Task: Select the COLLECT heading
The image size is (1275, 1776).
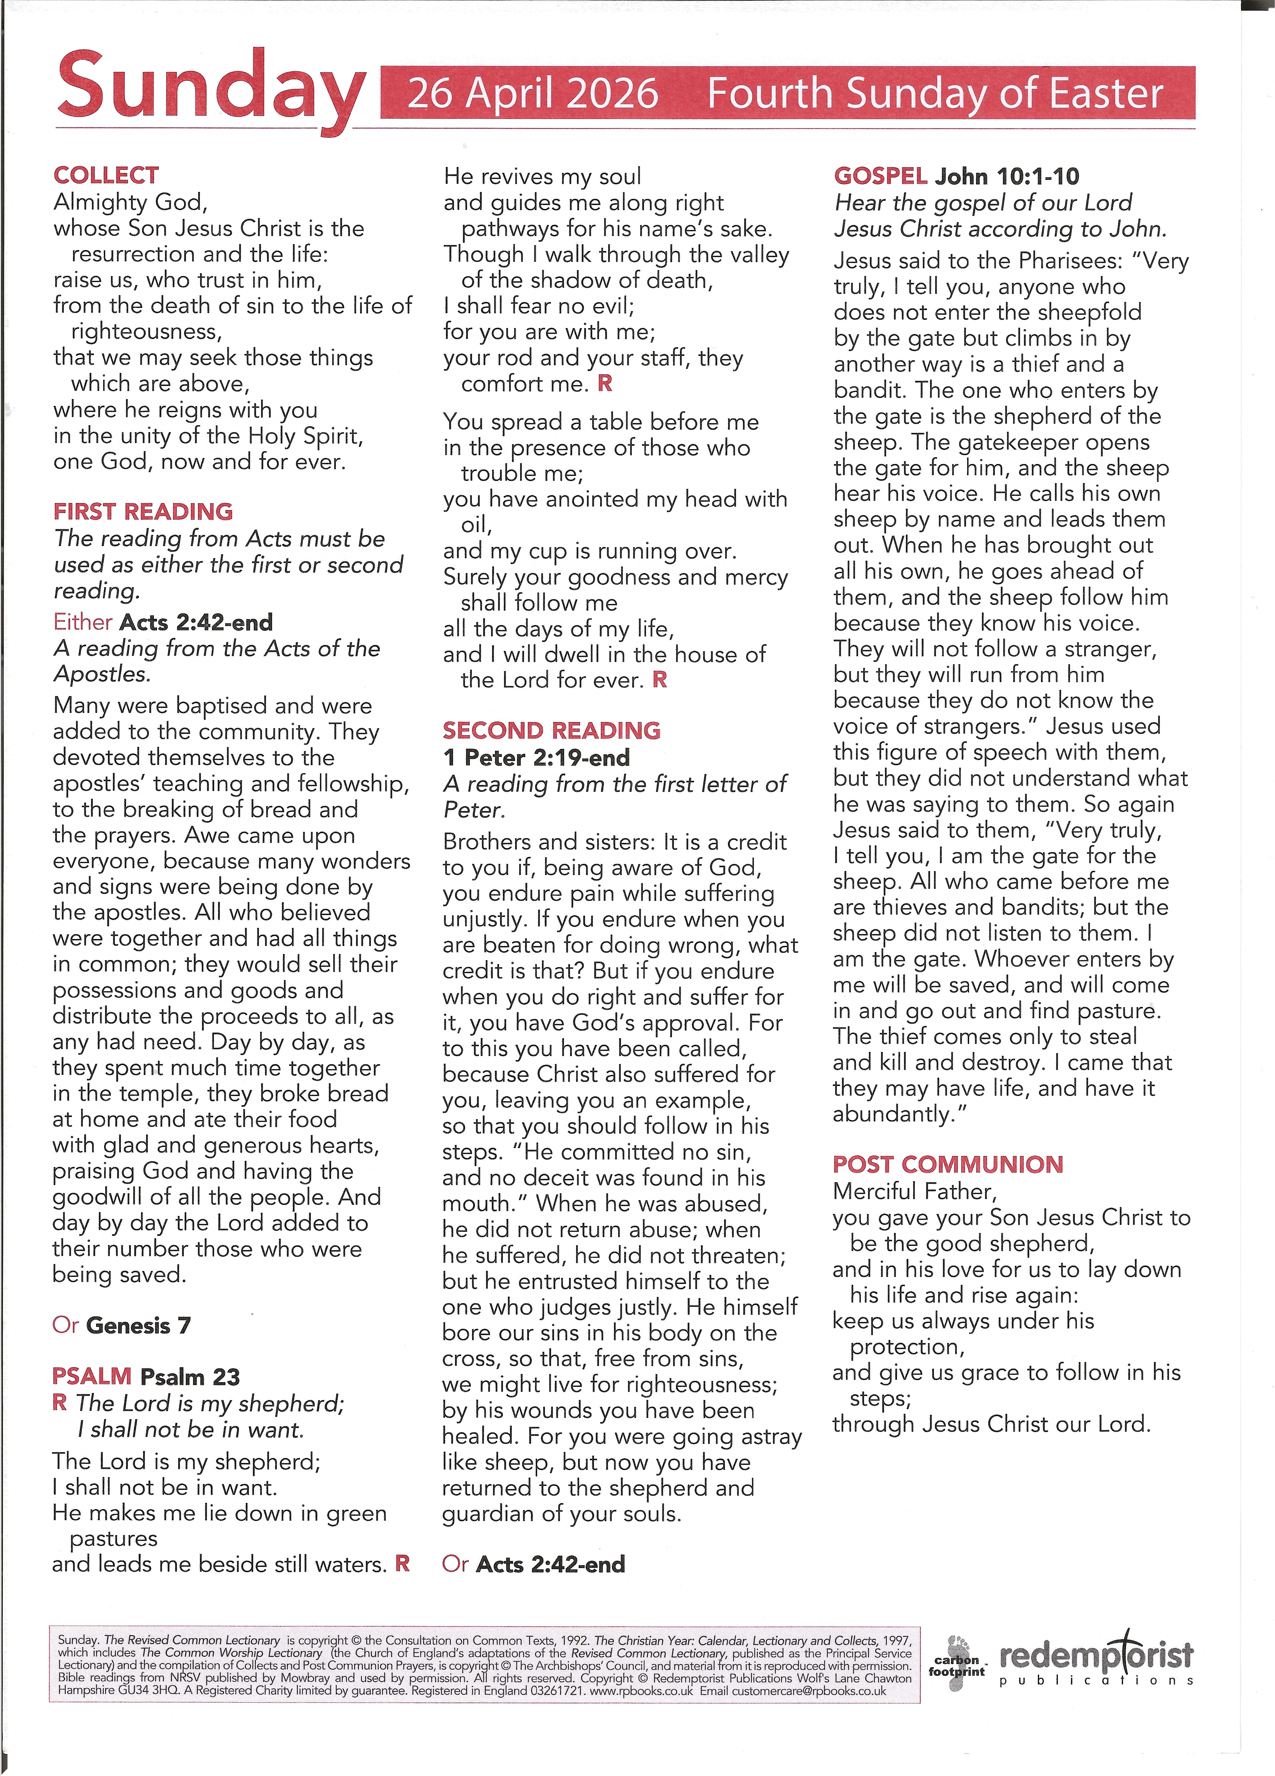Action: [x=106, y=175]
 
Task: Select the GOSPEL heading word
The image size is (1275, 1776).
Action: [x=880, y=176]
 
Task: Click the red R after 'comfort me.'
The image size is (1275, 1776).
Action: [x=605, y=384]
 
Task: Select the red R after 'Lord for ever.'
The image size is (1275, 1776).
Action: [x=660, y=680]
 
